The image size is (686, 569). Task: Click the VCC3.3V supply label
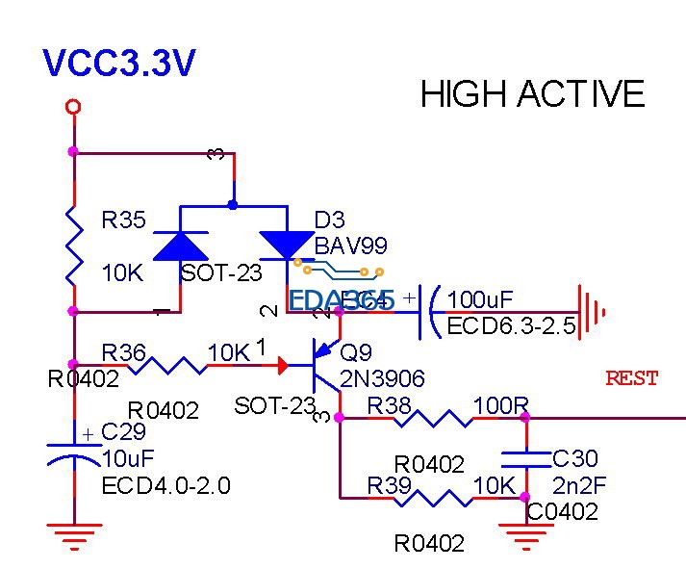119,64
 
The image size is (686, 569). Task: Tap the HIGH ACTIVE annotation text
532,94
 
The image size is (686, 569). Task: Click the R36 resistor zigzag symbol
176,365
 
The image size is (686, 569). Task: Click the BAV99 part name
350,246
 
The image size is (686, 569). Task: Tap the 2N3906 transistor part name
383,378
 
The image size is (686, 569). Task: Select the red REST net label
631,378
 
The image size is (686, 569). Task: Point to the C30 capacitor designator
574,459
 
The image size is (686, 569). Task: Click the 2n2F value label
579,484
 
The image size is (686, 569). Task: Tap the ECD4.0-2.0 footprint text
165,485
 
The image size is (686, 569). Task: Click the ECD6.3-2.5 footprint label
511,326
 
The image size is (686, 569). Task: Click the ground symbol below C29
74,534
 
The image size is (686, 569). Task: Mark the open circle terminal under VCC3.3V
73,107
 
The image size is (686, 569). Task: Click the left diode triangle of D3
181,246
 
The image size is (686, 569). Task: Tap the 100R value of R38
498,405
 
